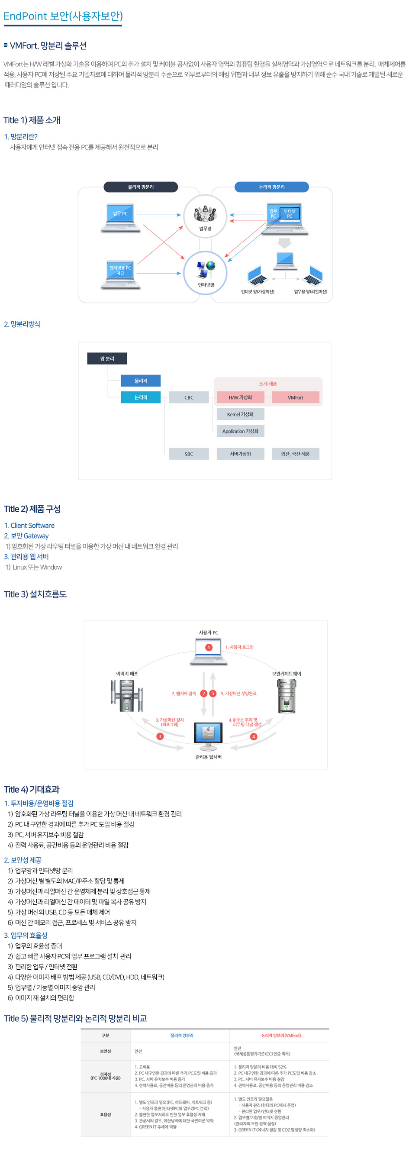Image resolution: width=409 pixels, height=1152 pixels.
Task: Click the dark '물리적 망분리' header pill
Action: (140, 187)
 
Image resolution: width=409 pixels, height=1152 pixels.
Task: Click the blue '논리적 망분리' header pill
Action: (271, 187)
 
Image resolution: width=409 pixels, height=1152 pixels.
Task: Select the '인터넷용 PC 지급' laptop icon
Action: (120, 274)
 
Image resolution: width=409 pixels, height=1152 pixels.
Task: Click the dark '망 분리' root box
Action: (107, 358)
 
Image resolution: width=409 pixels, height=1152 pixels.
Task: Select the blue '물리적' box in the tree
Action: (140, 381)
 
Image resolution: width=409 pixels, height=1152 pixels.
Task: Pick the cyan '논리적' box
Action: (140, 397)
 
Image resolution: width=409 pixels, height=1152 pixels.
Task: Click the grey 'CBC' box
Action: (189, 397)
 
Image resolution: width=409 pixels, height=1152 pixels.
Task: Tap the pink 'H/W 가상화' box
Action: (240, 397)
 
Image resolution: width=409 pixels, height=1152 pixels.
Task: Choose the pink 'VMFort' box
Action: (295, 397)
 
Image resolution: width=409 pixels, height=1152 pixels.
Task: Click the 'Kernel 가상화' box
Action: (240, 414)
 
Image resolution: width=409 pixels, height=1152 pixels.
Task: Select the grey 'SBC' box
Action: (189, 454)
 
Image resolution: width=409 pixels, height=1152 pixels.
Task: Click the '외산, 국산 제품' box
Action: (295, 454)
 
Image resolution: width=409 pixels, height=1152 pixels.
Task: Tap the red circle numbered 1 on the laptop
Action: (208, 647)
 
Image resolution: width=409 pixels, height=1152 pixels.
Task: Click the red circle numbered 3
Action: (160, 736)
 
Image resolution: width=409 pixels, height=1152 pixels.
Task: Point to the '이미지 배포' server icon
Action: (127, 695)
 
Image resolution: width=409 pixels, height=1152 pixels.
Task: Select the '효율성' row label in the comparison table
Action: (106, 1114)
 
